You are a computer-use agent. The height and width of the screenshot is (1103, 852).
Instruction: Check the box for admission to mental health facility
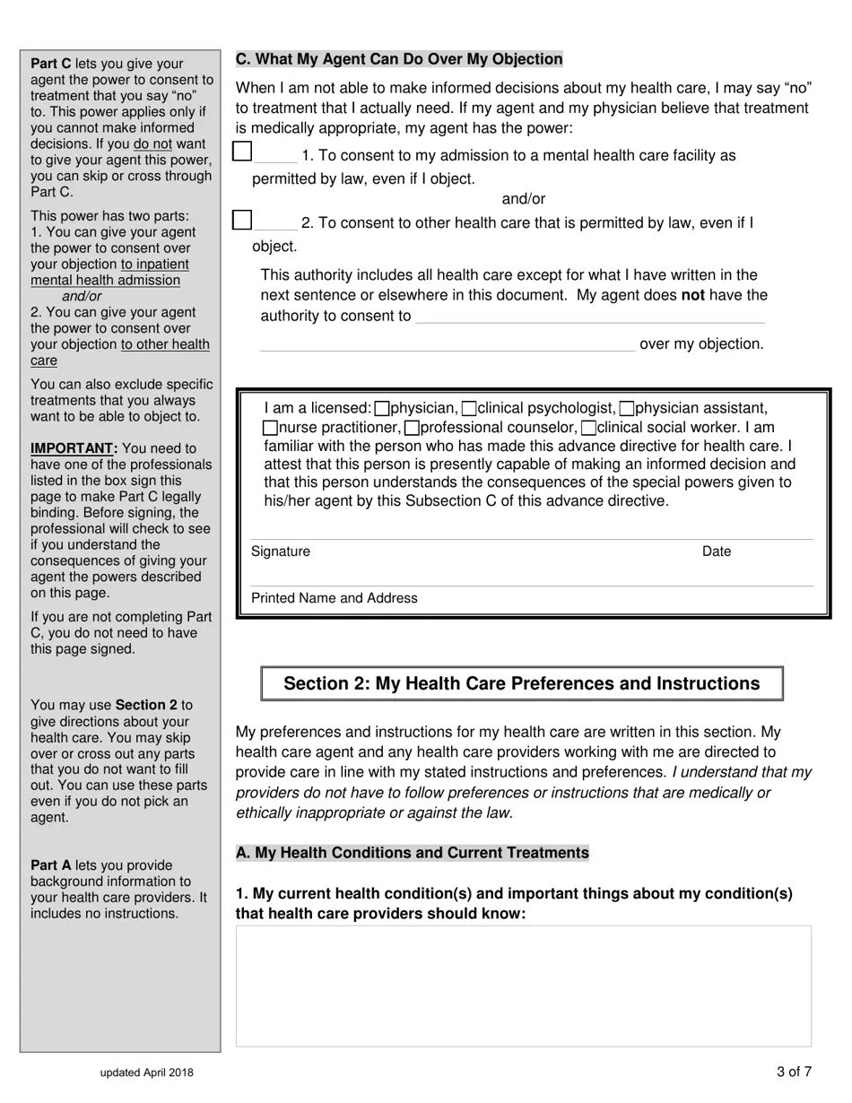(242, 152)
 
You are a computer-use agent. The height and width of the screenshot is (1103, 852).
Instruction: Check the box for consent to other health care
(242, 220)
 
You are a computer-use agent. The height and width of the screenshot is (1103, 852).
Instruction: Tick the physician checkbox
(382, 409)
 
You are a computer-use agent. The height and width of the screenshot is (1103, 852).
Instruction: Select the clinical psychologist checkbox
(469, 409)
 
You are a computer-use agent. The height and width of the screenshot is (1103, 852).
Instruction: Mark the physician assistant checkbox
(627, 409)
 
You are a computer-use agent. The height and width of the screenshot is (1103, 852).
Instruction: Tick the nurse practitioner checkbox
(271, 429)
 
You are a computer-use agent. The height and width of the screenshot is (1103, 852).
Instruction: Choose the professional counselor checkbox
(412, 429)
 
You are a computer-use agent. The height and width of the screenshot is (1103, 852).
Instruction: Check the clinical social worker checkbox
(588, 429)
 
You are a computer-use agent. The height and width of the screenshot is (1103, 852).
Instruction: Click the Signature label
(281, 551)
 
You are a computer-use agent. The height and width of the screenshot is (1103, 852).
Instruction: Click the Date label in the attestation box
(717, 551)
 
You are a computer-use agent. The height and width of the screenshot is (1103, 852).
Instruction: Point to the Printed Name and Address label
(334, 598)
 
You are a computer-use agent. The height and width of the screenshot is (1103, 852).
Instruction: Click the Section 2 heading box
(521, 683)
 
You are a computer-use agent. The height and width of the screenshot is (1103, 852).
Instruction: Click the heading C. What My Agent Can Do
(399, 59)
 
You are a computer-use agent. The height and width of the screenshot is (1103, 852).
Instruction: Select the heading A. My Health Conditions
(412, 853)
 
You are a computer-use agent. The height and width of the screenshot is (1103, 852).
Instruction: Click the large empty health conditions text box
(523, 986)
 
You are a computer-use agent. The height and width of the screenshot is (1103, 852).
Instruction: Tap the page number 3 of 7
(795, 1072)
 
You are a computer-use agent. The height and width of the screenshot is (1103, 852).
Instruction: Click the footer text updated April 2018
(146, 1073)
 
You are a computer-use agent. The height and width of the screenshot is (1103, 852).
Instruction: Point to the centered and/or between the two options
(523, 199)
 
